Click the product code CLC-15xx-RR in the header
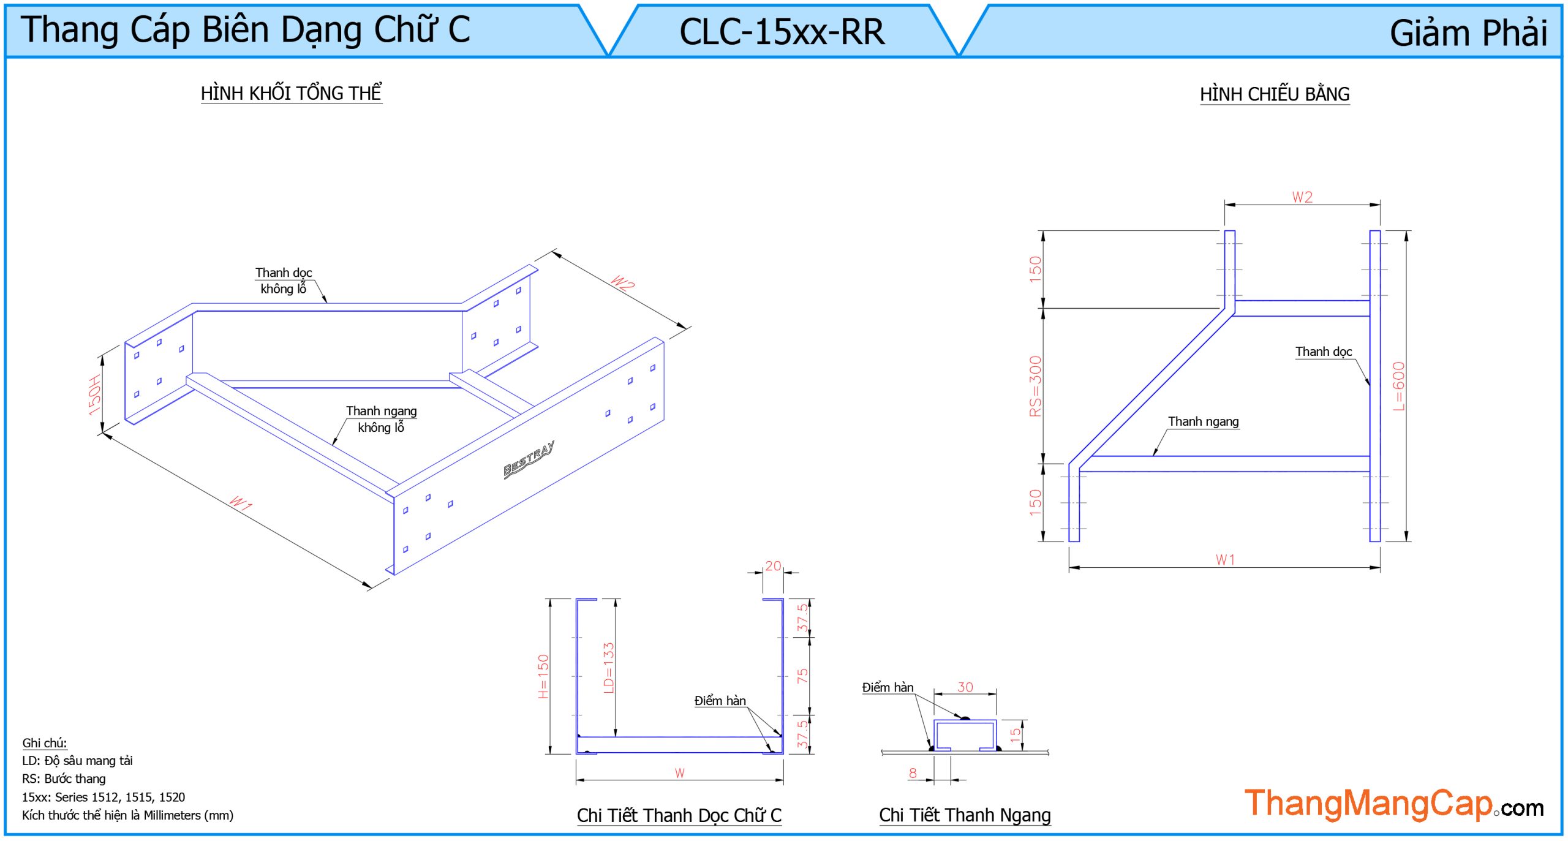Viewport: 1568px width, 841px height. [782, 32]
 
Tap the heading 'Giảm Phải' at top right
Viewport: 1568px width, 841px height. [1468, 33]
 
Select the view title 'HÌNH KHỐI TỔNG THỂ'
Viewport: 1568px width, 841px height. [291, 93]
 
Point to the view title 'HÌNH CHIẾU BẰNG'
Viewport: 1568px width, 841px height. [1274, 94]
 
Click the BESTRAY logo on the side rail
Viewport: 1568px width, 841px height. [529, 459]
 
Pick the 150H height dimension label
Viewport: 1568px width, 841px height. [94, 395]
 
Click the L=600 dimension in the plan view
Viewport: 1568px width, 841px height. [1398, 387]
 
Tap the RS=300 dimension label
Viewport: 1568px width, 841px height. [1035, 387]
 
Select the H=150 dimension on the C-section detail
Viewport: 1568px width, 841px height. [543, 676]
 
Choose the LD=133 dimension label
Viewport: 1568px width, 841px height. [608, 668]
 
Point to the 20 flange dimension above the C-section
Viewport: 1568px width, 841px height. [773, 566]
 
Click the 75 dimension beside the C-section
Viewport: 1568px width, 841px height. [802, 676]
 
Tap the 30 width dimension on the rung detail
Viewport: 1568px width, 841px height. [965, 687]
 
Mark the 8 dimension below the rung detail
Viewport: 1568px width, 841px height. [913, 773]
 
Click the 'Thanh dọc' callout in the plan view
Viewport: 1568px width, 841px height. [1323, 352]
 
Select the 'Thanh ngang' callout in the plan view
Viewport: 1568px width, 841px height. [1203, 421]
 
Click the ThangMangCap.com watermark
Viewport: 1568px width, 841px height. [1393, 804]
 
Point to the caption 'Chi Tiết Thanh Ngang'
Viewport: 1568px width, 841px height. [965, 815]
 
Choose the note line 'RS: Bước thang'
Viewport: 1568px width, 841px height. [64, 779]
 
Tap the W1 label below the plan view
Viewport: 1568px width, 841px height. [1225, 560]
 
